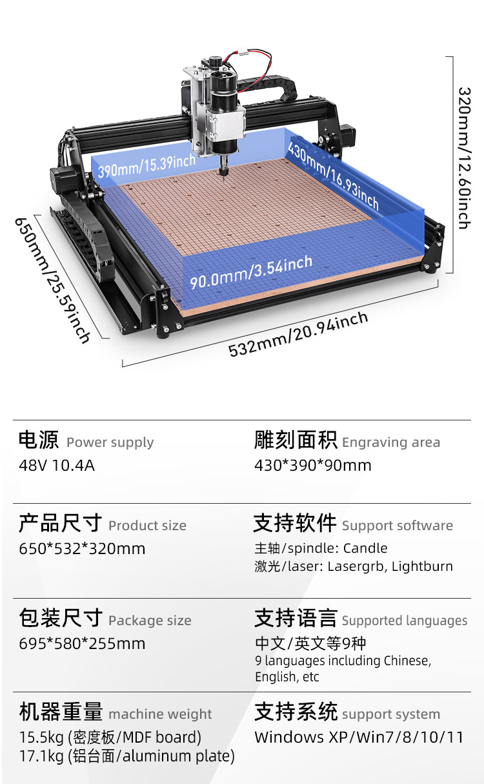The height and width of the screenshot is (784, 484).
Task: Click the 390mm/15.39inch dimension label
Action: [x=146, y=166]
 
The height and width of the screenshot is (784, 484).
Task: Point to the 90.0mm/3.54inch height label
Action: [x=251, y=272]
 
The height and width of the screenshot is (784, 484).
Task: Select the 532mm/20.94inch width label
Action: [x=298, y=334]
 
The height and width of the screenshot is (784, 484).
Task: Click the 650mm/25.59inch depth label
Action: [x=52, y=280]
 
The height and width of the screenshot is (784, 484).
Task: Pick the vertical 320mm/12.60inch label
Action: [x=465, y=158]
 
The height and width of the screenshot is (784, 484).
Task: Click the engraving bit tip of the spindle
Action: [x=223, y=178]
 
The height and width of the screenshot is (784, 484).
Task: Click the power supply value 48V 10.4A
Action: [x=57, y=466]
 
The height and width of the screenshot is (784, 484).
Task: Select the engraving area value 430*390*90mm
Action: [x=313, y=466]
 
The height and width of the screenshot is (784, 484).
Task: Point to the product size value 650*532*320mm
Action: [x=82, y=549]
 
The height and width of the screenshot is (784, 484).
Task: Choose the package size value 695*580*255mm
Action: [x=82, y=644]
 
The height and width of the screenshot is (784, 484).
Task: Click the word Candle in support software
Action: [x=365, y=548]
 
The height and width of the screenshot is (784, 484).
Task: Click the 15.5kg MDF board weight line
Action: [x=110, y=738]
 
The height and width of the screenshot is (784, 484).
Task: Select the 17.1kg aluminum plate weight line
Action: [x=127, y=756]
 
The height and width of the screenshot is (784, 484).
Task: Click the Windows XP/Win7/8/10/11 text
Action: [x=359, y=738]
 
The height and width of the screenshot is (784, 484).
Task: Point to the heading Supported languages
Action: [x=405, y=621]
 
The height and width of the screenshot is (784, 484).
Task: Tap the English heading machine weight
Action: [x=160, y=714]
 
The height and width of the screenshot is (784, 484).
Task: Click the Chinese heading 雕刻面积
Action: [x=296, y=440]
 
